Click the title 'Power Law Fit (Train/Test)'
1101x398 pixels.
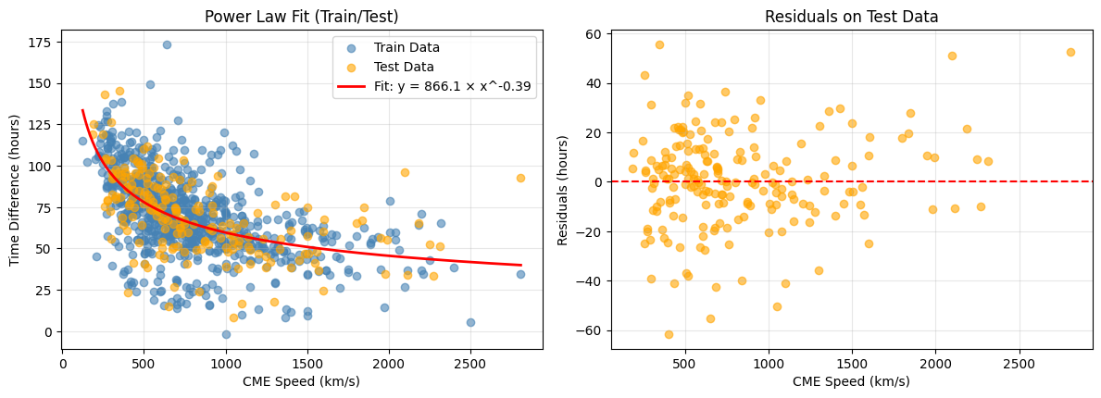pyautogui.click(x=302, y=16)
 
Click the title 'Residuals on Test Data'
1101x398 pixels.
pyautogui.click(x=851, y=16)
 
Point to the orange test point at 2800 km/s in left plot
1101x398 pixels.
pyautogui.click(x=520, y=178)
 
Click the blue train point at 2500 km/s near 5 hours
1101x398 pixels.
pyautogui.click(x=470, y=322)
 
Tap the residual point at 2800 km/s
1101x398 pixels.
pyautogui.click(x=1070, y=52)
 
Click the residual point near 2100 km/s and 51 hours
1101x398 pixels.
pyautogui.click(x=952, y=56)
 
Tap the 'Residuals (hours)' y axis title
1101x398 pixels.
pyautogui.click(x=564, y=189)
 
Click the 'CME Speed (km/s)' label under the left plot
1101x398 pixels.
pyautogui.click(x=302, y=381)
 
